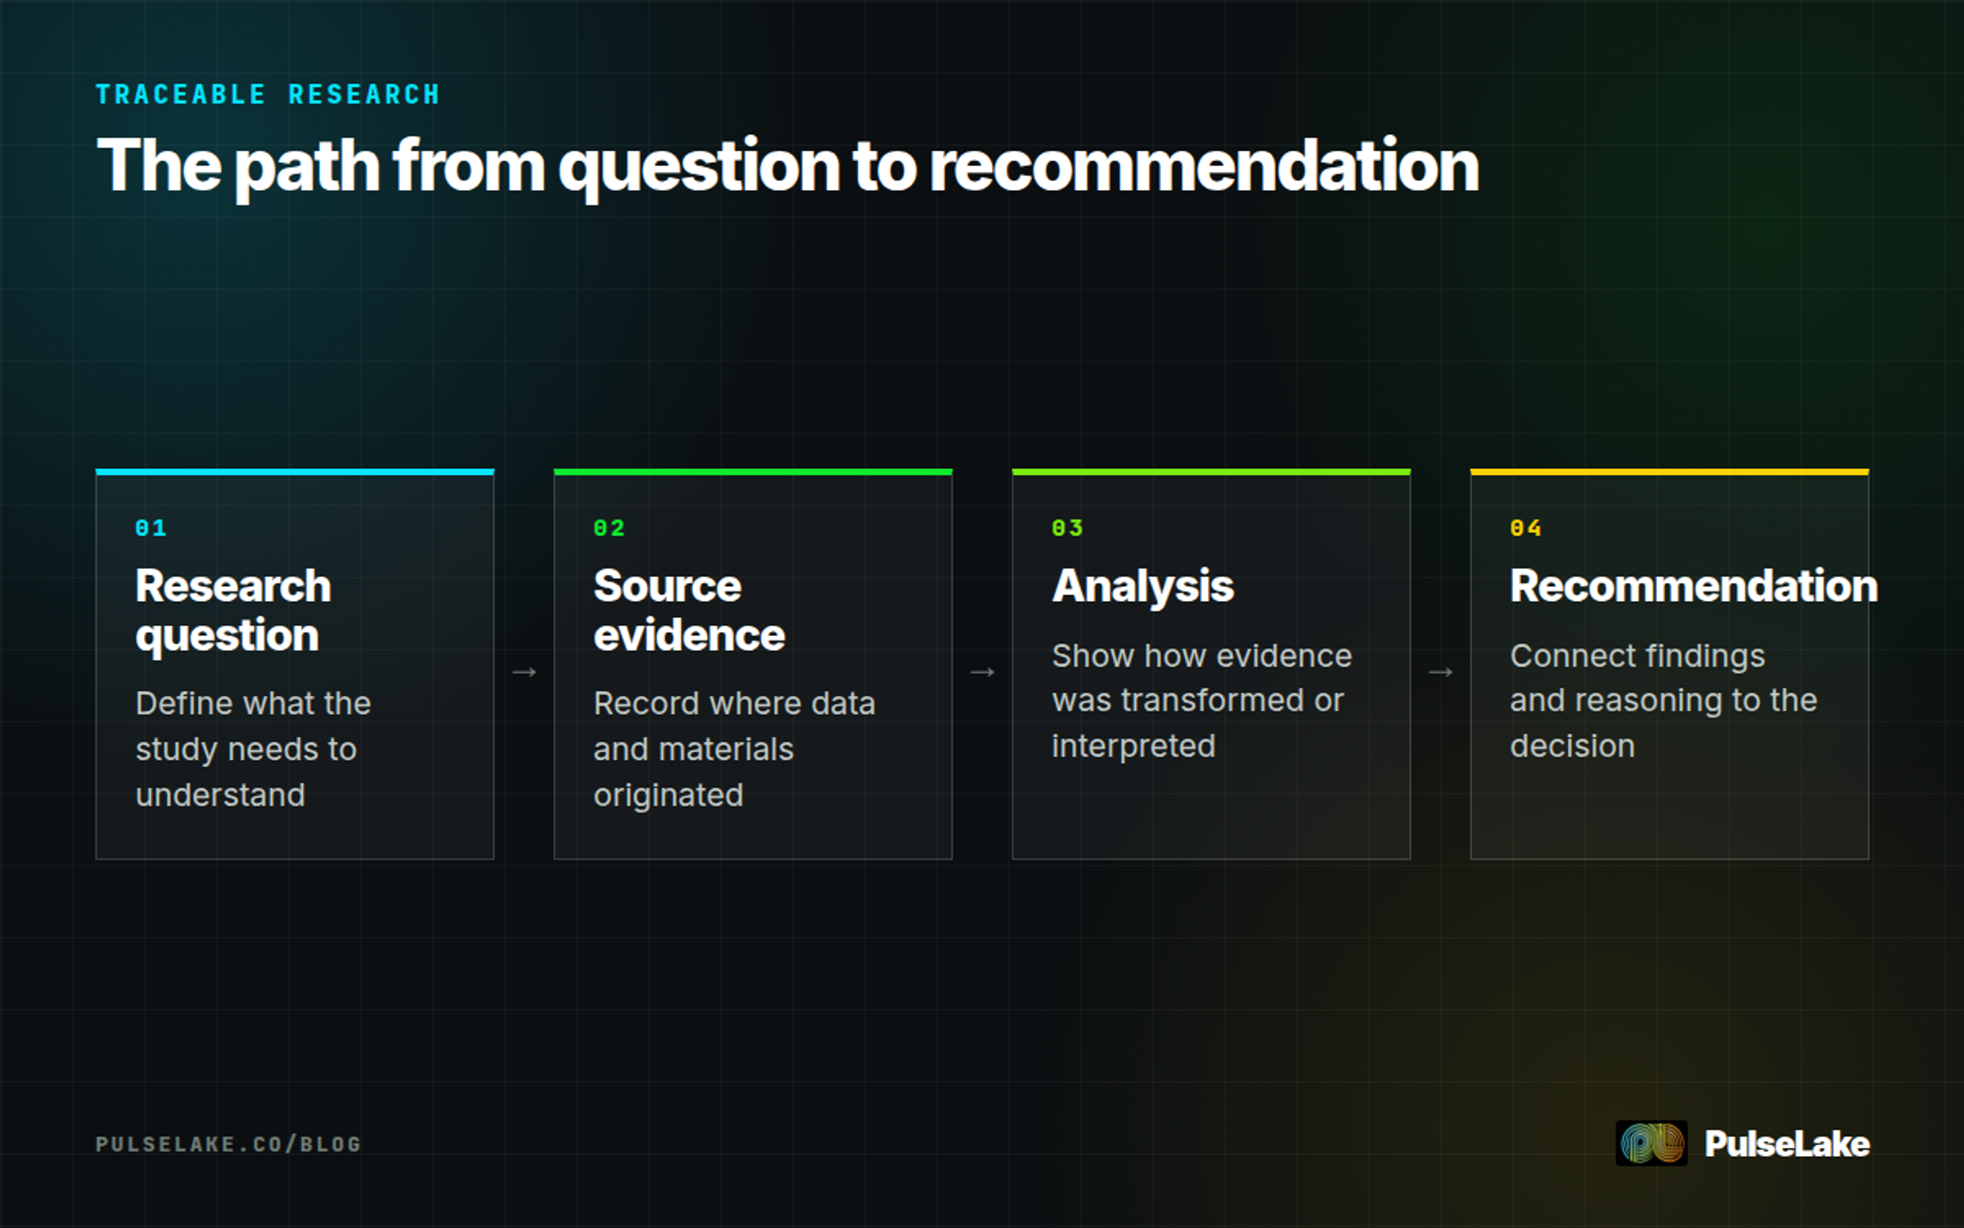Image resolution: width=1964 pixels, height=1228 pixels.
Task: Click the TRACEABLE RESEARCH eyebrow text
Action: pyautogui.click(x=268, y=95)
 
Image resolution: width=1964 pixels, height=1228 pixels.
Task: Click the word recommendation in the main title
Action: pyautogui.click(x=1204, y=165)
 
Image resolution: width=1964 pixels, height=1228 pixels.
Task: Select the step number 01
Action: pyautogui.click(x=151, y=528)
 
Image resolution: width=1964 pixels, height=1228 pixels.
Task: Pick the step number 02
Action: pyautogui.click(x=610, y=528)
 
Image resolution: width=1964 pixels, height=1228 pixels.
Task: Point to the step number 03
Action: pyautogui.click(x=1068, y=528)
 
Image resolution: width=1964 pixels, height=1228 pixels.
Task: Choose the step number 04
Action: pyautogui.click(x=1526, y=528)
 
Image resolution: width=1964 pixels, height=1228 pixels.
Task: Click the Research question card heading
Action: pyautogui.click(x=233, y=611)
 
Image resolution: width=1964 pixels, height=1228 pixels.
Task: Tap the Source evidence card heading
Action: pyautogui.click(x=689, y=611)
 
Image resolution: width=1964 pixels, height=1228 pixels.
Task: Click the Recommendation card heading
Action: pyautogui.click(x=1694, y=586)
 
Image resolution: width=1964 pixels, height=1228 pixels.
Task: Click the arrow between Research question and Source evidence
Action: pyautogui.click(x=525, y=672)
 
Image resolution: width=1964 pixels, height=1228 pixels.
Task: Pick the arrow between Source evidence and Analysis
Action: pyautogui.click(x=983, y=672)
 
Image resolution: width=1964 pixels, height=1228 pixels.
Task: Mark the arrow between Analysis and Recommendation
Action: pyautogui.click(x=1441, y=672)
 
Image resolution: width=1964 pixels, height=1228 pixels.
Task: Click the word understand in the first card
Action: pyautogui.click(x=220, y=795)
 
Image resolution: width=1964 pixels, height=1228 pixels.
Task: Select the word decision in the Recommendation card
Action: pyautogui.click(x=1572, y=746)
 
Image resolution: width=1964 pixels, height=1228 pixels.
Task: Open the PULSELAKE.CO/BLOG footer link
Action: pyautogui.click(x=228, y=1144)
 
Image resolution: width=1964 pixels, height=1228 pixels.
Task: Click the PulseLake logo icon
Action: pyautogui.click(x=1651, y=1143)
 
